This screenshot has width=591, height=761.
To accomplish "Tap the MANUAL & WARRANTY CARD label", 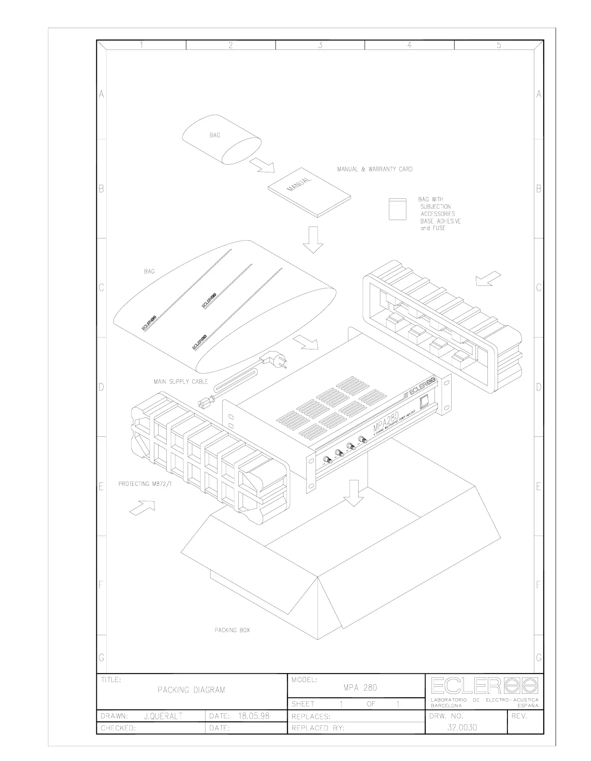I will point(374,169).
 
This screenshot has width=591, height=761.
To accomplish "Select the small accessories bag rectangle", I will point(397,209).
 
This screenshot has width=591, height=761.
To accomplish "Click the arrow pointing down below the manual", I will point(313,239).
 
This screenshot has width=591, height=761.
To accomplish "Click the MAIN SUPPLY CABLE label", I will point(181,381).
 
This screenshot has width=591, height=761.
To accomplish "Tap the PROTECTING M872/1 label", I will point(145,484).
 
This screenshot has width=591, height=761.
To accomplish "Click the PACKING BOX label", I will point(232,630).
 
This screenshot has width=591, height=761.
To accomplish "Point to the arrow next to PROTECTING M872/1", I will point(142,508).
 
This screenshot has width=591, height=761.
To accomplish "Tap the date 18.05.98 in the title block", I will point(253,716).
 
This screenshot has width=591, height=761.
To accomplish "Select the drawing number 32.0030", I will point(462,727).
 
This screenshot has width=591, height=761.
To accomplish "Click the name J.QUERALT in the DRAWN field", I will point(163,716).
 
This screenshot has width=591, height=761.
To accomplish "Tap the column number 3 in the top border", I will point(320,45).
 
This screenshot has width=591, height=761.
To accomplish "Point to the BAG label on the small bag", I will point(214,135).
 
